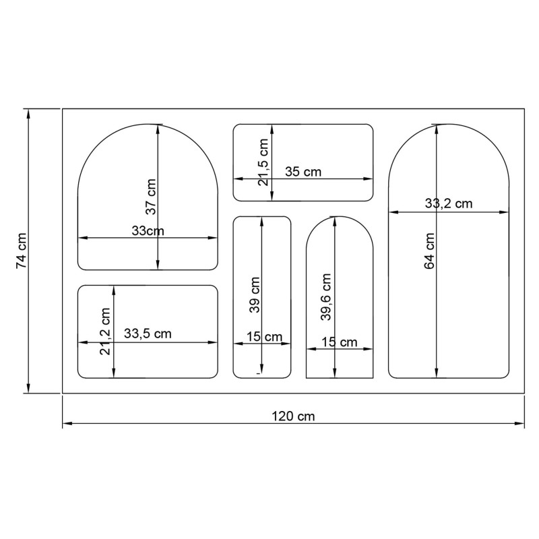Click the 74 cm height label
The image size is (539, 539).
point(21,251)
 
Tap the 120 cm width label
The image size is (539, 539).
point(293,416)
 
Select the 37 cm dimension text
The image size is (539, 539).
point(150,197)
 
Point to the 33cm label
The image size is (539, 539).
point(148,230)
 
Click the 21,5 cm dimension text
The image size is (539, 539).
point(263,162)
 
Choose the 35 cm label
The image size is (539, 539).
point(303,172)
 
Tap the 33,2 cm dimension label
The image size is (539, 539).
point(449,203)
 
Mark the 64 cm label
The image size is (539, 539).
point(429,251)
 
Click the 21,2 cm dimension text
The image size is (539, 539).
point(104,331)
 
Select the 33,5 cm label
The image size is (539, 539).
point(148,334)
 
